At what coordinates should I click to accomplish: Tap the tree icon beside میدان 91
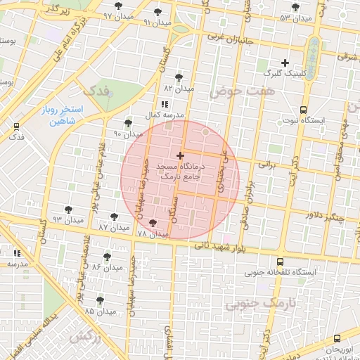point(157,12)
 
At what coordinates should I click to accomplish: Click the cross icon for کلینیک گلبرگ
point(285,63)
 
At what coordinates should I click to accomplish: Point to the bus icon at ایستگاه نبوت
point(303,110)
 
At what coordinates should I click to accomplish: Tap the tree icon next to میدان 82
point(179,78)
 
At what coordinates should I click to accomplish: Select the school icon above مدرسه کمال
point(165,105)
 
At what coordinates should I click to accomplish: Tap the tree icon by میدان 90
point(128,123)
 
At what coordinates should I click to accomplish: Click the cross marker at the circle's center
point(181,155)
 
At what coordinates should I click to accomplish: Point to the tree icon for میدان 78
point(153,223)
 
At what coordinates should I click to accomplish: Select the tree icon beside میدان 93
point(68,210)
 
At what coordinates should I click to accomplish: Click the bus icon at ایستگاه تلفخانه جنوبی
point(281,262)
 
